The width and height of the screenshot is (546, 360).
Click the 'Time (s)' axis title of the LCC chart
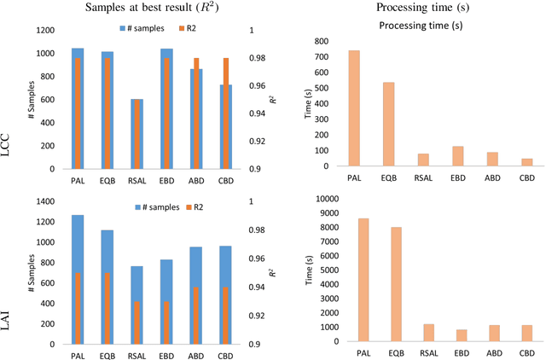coord(312,102)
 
